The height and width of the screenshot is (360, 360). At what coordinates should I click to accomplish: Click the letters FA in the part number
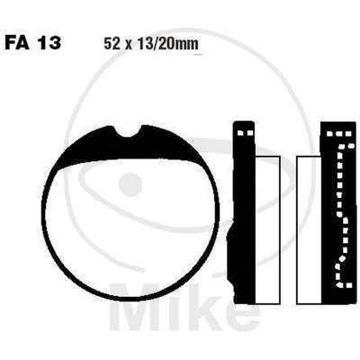tap(17, 42)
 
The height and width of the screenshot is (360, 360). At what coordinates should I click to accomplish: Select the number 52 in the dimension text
tap(110, 44)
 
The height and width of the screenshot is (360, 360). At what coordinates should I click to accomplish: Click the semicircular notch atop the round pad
tap(129, 132)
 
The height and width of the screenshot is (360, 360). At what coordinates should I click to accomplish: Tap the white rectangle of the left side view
tap(267, 229)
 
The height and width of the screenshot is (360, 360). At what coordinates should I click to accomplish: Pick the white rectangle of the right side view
tap(309, 229)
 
